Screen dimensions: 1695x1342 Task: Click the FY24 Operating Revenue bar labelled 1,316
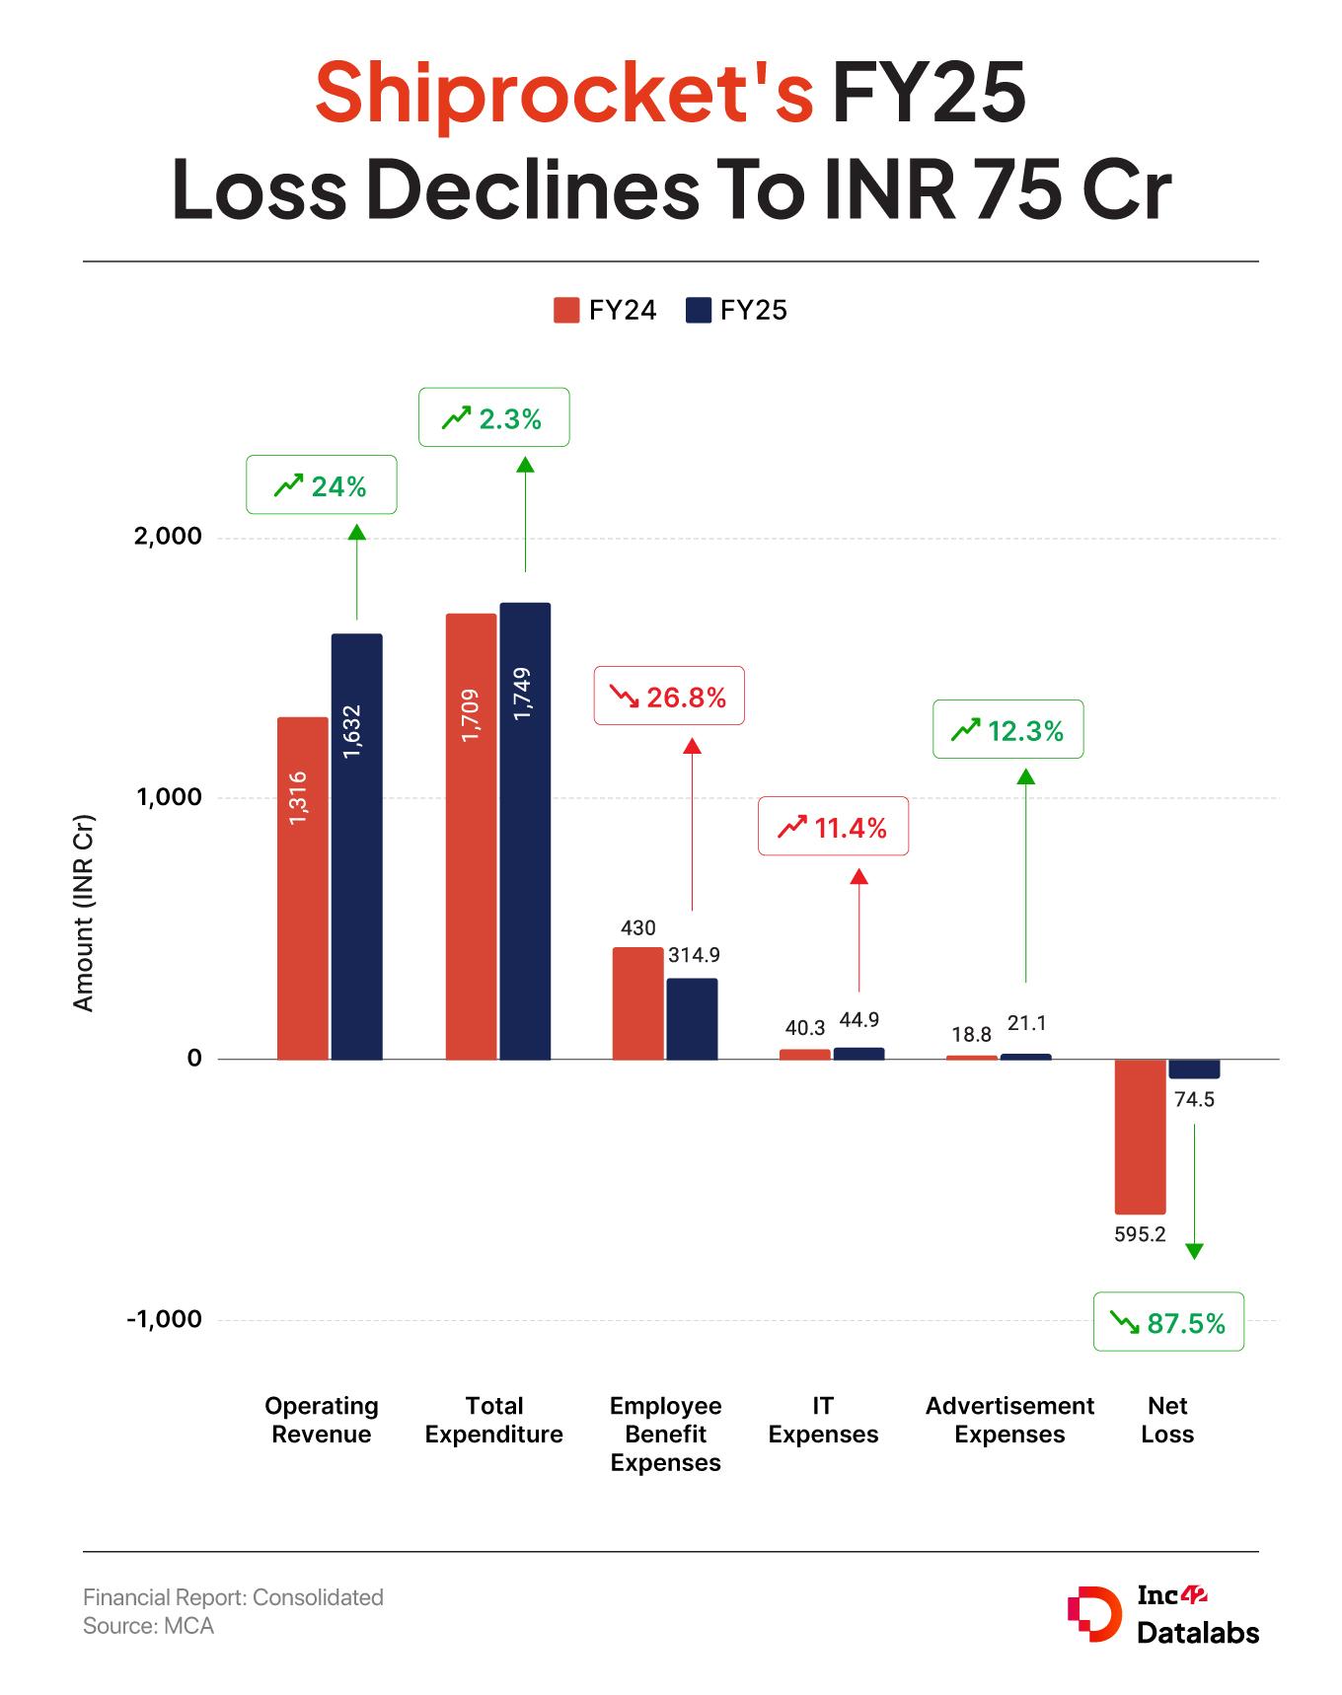(x=302, y=888)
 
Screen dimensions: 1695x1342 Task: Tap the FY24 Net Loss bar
(x=1140, y=1136)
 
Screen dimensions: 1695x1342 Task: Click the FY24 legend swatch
(x=565, y=310)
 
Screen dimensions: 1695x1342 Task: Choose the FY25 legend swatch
(x=698, y=310)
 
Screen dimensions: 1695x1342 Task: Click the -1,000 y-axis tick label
(x=164, y=1319)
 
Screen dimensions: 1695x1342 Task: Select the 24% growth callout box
(x=321, y=484)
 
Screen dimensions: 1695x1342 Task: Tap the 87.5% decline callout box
(x=1168, y=1322)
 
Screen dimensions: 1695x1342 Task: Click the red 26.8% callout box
(x=668, y=698)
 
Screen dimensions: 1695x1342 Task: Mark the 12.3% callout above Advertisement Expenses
(x=1007, y=730)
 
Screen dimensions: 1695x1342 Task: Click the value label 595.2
(x=1140, y=1234)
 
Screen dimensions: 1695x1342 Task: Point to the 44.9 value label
(x=858, y=1020)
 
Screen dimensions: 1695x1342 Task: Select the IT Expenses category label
(x=823, y=1420)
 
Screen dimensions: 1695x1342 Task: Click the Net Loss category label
(x=1167, y=1420)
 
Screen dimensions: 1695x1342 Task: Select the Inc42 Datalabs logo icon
(x=1093, y=1615)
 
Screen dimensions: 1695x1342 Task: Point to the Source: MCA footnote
(x=148, y=1626)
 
